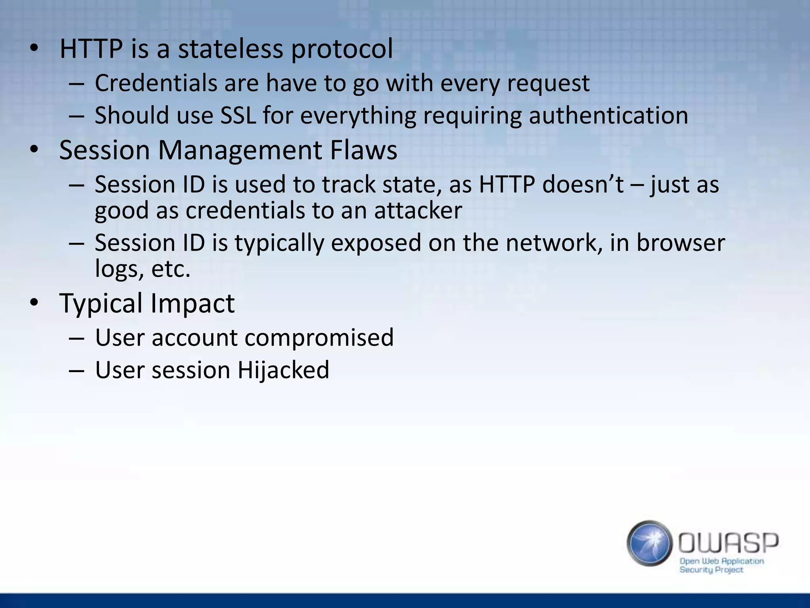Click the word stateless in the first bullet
[x=230, y=49]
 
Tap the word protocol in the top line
[x=342, y=50]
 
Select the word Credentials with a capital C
[x=156, y=83]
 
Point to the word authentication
[x=608, y=116]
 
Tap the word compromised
[x=319, y=338]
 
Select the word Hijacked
[x=283, y=370]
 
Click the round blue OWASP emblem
[x=649, y=543]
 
